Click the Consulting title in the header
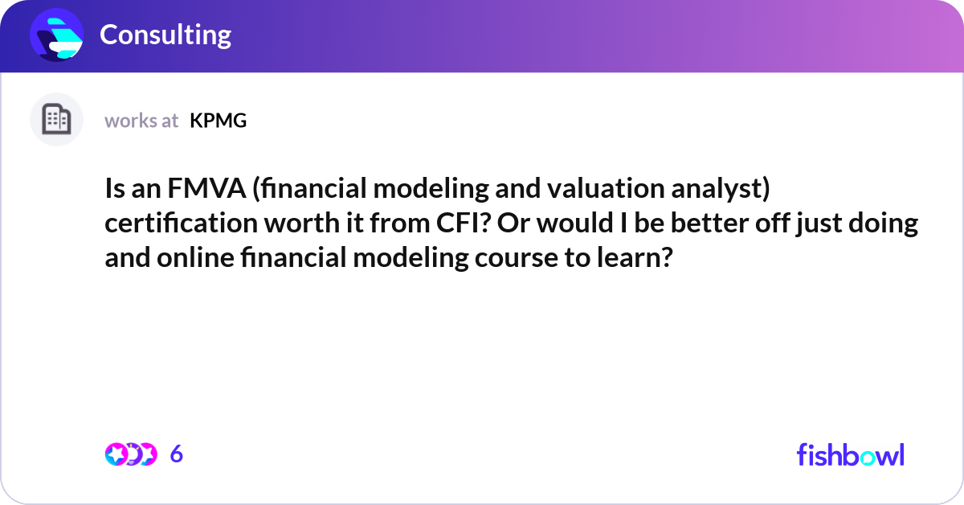pyautogui.click(x=165, y=35)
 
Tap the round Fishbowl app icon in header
pyautogui.click(x=57, y=35)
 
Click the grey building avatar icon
pyautogui.click(x=56, y=120)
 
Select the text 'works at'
pyautogui.click(x=141, y=121)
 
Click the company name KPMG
pyautogui.click(x=218, y=121)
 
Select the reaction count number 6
pyautogui.click(x=177, y=454)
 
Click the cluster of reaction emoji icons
pyautogui.click(x=130, y=454)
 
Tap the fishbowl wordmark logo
pyautogui.click(x=850, y=454)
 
